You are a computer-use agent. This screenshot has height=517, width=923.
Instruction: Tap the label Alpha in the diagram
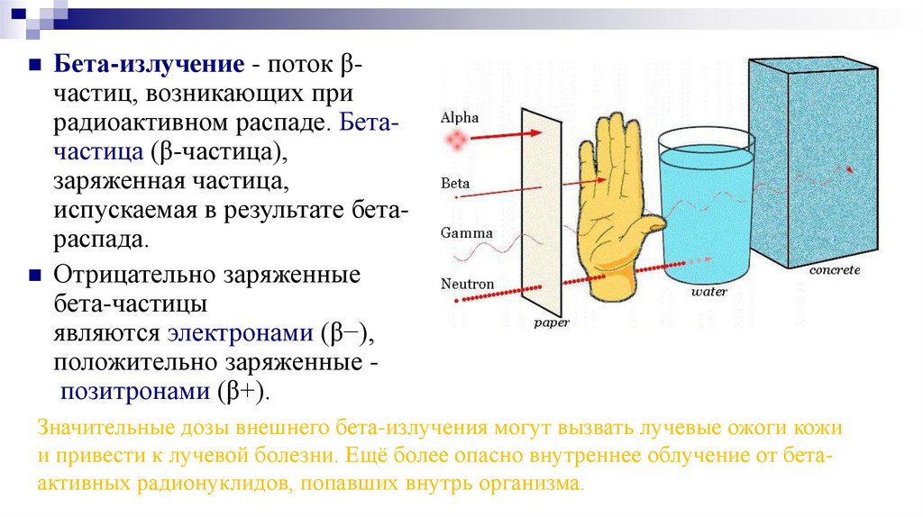[x=460, y=117]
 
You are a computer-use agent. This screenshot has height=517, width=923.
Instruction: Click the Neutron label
[x=467, y=284]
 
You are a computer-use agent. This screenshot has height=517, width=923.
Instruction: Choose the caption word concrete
[x=834, y=269]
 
